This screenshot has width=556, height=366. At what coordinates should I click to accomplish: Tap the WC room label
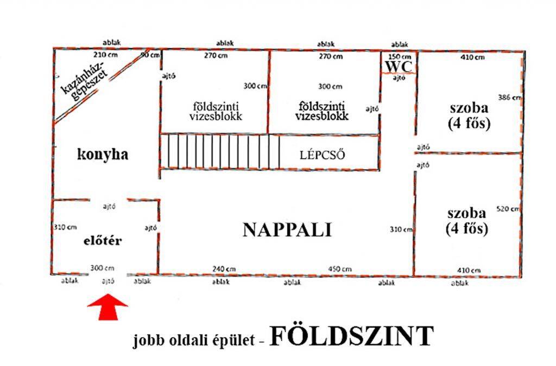pyautogui.click(x=399, y=67)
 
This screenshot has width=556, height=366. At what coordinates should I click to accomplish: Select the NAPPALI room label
pyautogui.click(x=287, y=230)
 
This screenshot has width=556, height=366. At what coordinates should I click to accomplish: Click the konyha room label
pyautogui.click(x=103, y=155)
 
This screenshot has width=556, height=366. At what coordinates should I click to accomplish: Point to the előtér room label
pyautogui.click(x=103, y=241)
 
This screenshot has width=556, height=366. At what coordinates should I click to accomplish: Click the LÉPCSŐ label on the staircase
pyautogui.click(x=322, y=155)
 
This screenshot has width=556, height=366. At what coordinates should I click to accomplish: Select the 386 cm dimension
pyautogui.click(x=509, y=97)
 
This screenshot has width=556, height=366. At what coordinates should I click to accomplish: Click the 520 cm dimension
pyautogui.click(x=508, y=209)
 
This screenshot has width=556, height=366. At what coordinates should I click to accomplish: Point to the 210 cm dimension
pyautogui.click(x=105, y=55)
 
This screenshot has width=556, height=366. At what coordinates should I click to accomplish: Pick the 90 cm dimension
pyautogui.click(x=150, y=55)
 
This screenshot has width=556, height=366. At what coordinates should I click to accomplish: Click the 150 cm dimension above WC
pyautogui.click(x=399, y=56)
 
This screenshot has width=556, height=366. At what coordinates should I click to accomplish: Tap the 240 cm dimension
pyautogui.click(x=224, y=269)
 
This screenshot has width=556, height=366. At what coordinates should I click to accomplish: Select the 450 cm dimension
pyautogui.click(x=340, y=269)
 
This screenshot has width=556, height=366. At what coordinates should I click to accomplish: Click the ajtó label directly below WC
pyautogui.click(x=399, y=78)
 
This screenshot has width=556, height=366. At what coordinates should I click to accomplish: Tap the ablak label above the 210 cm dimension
pyautogui.click(x=112, y=42)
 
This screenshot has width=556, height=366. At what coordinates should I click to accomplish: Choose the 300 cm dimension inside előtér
pyautogui.click(x=102, y=268)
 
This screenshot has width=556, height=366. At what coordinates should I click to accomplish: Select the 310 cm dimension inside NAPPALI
pyautogui.click(x=401, y=229)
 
